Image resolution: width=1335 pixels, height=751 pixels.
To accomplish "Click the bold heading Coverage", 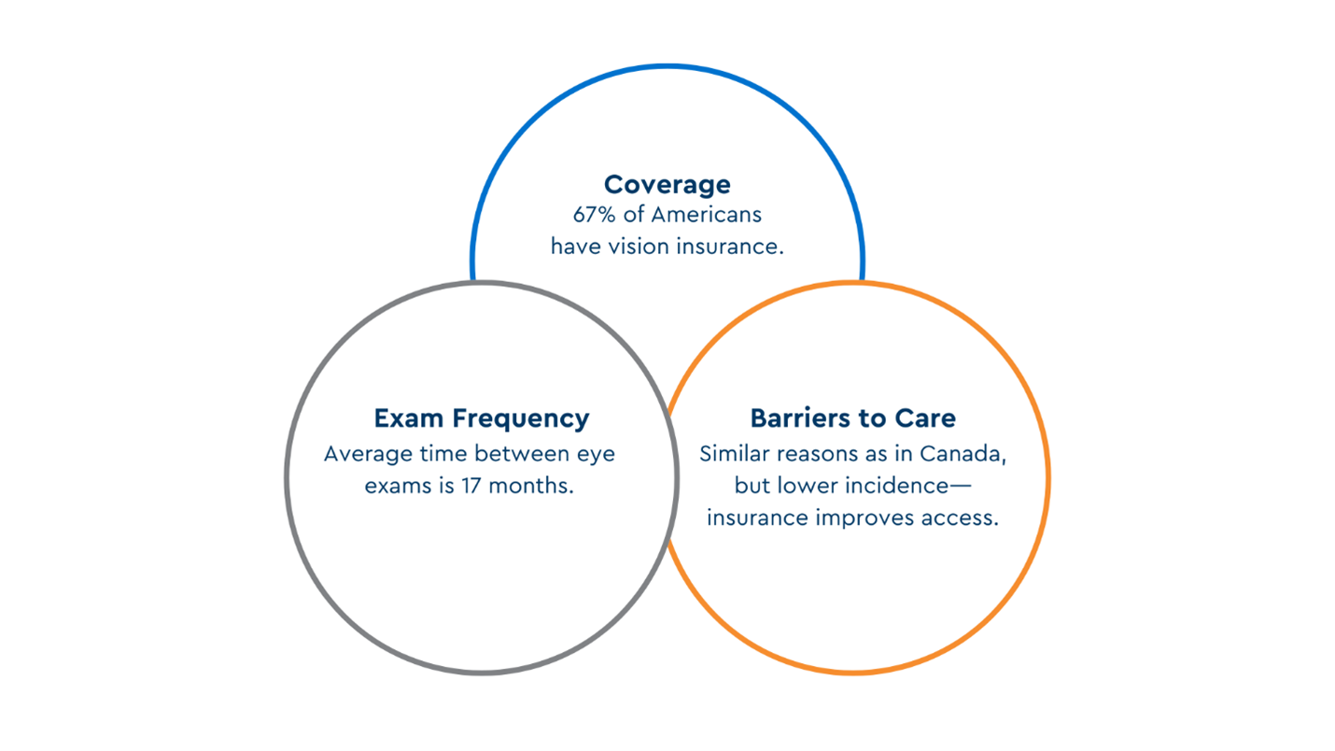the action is click(x=667, y=185).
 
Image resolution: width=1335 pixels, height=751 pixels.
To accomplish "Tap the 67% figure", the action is click(x=594, y=215).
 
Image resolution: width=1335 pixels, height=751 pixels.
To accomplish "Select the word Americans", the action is click(x=706, y=215).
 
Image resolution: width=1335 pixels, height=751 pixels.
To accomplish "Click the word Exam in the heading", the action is click(x=408, y=418).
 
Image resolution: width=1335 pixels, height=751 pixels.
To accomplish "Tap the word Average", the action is click(x=369, y=454).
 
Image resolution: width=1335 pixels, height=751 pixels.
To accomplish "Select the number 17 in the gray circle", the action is click(x=471, y=486).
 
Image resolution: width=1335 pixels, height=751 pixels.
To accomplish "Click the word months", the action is click(x=531, y=486).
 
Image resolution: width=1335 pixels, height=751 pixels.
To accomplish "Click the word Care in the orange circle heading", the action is click(x=925, y=418).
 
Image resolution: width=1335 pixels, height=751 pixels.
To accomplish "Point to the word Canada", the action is click(x=963, y=455).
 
